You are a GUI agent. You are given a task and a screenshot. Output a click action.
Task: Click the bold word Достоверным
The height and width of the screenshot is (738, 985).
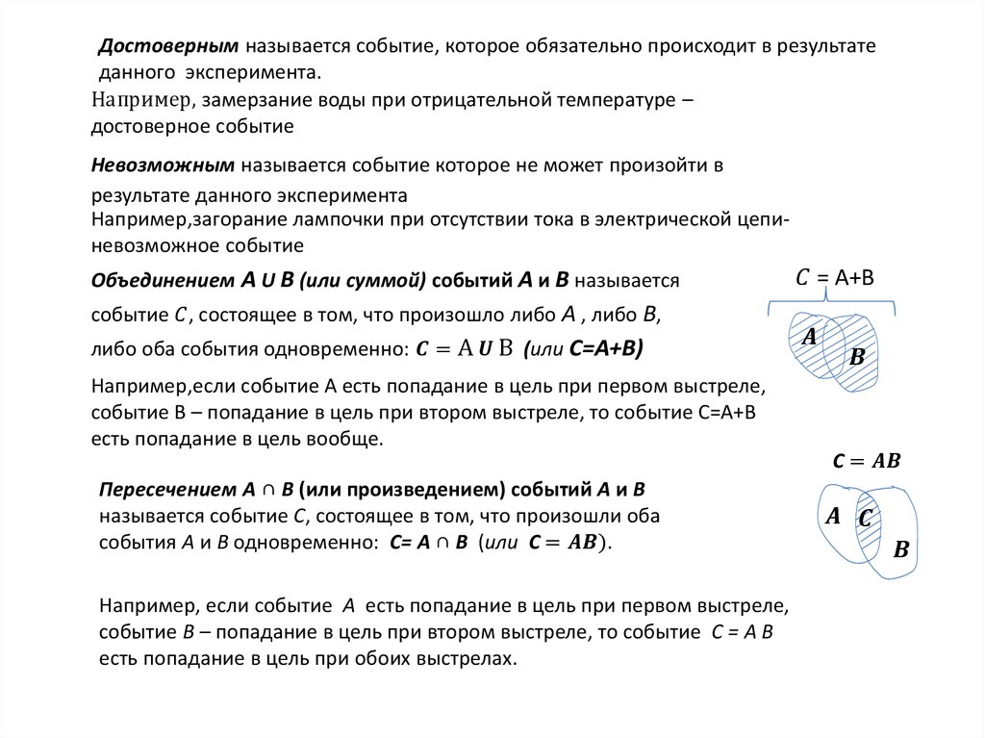[169, 46]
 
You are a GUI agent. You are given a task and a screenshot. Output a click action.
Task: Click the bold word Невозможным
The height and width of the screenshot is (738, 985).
[164, 165]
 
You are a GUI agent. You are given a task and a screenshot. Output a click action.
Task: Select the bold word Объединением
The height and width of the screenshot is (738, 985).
[163, 281]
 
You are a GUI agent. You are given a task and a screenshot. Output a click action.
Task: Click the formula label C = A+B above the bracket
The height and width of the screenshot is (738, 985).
[834, 278]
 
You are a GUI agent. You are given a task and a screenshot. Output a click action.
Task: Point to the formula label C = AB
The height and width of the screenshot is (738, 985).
[866, 461]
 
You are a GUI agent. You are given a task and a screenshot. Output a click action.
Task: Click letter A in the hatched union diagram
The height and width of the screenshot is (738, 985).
[809, 336]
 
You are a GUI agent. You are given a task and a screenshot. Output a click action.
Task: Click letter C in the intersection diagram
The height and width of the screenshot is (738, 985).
[865, 519]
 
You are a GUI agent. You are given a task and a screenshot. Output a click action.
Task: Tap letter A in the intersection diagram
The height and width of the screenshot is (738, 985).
[833, 516]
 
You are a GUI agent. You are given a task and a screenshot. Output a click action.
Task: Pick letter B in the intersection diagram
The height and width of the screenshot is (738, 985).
[901, 550]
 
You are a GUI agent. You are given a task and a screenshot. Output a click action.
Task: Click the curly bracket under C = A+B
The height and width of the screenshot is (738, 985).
[833, 306]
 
